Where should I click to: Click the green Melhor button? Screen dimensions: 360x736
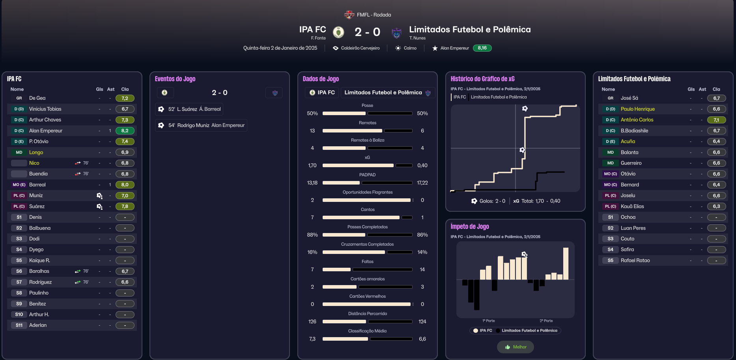click(516, 347)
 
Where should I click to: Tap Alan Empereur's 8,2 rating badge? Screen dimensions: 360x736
click(125, 131)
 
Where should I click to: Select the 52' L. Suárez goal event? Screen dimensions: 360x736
click(189, 109)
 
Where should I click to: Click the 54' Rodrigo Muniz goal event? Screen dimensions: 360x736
click(201, 125)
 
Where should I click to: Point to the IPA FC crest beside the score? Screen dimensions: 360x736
click(338, 32)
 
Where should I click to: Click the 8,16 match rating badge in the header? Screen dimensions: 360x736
click(482, 48)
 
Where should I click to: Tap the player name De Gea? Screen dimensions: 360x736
click(37, 98)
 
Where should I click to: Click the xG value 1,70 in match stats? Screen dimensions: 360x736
click(312, 166)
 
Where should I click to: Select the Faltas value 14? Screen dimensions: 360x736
click(422, 270)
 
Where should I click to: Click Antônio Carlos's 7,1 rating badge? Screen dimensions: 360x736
click(716, 120)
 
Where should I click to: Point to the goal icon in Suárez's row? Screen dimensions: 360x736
click(99, 207)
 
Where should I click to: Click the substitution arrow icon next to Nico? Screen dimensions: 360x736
click(78, 163)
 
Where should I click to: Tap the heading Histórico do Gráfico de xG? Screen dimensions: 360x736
click(482, 79)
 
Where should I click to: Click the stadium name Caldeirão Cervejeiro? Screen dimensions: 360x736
click(360, 48)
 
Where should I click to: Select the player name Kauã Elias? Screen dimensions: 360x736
click(632, 207)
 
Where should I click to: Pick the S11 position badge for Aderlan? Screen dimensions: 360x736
click(19, 325)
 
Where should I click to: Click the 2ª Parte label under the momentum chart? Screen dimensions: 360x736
click(546, 321)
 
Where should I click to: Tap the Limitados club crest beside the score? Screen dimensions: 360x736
click(396, 33)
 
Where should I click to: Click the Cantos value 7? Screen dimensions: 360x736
click(312, 218)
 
